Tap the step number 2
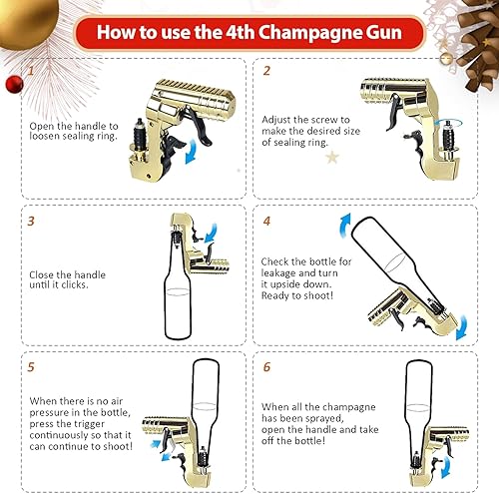click(x=266, y=72)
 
